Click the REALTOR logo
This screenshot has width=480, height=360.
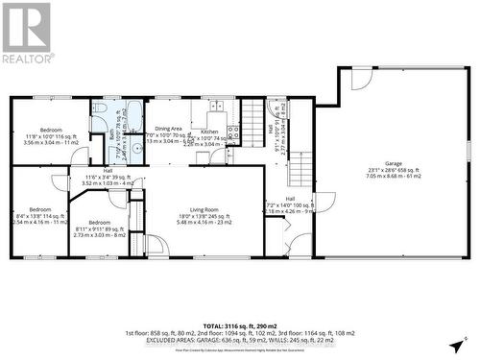26,34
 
